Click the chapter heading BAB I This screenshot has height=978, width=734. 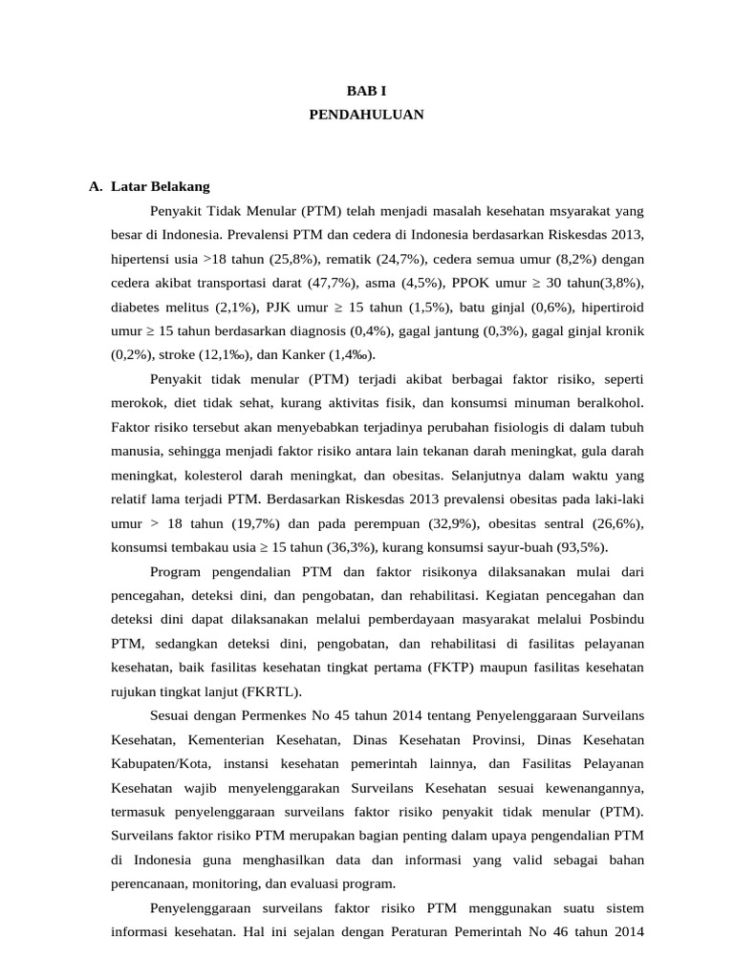366,90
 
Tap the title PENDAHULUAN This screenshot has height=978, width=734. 366,115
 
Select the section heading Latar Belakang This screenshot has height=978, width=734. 160,185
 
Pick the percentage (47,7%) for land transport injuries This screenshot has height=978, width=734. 329,283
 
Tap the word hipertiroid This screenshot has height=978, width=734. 613,307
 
